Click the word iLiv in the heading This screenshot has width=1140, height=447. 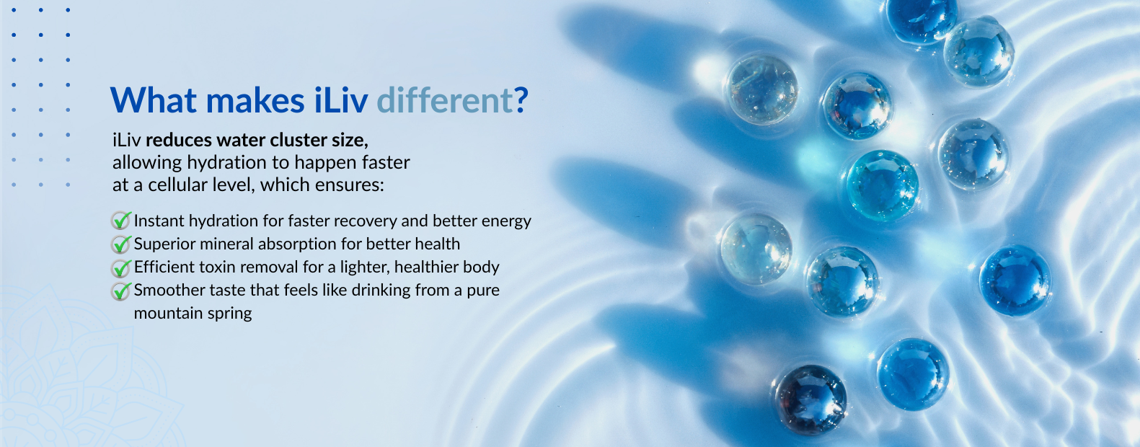coord(340,99)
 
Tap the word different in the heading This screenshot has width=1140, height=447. coord(444,99)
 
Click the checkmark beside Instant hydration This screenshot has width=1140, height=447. coord(121,221)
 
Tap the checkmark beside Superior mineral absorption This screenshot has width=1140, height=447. coord(121,244)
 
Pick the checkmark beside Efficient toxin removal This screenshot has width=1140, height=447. coord(121,267)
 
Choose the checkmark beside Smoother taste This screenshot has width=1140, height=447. coord(121,291)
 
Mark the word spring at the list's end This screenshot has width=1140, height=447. coord(229,314)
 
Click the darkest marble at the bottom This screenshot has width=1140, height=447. coord(810,399)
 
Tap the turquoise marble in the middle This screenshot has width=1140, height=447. coord(883,185)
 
